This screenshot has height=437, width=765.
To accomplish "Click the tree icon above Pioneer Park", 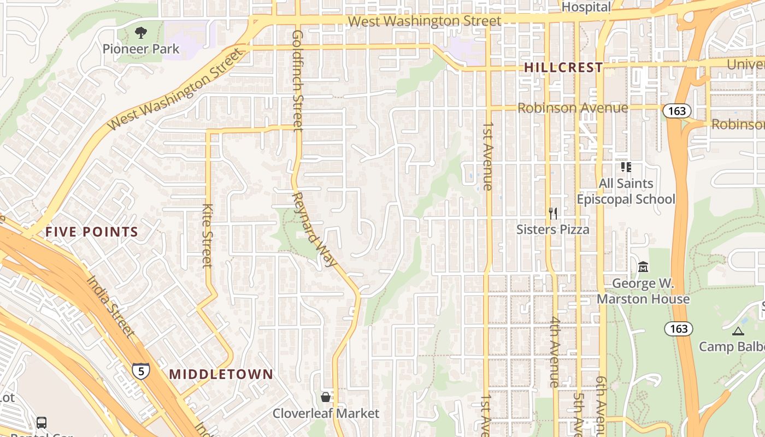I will coord(141,33).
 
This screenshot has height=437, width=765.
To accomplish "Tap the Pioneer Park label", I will coord(141,49).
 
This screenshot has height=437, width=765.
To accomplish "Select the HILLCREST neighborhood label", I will coord(563,68).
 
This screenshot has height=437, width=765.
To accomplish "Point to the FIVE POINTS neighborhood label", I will coord(92,232).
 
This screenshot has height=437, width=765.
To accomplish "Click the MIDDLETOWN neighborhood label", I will coord(221,374).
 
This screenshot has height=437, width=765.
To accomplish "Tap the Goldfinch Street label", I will coord(298,80).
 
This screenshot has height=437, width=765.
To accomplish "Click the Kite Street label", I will coord(207,235).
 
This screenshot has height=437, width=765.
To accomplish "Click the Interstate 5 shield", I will coord(141,371).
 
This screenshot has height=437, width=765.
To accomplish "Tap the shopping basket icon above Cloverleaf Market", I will coord(326,397).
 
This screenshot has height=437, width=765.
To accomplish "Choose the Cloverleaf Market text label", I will coord(326,414).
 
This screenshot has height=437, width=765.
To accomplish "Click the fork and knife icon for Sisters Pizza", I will coord(553,213).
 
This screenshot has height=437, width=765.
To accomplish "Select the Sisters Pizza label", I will coord(553,229).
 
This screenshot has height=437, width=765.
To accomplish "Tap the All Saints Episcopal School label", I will coord(626,191).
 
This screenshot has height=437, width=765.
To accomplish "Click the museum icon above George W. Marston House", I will coord(643,267).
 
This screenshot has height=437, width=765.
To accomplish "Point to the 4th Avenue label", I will coord(555,352).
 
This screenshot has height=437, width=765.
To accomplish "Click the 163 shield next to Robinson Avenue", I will coord(676,111).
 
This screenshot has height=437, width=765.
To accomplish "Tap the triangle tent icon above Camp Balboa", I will coord(738,330).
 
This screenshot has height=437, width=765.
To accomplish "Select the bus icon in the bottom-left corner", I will coord(42,422).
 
